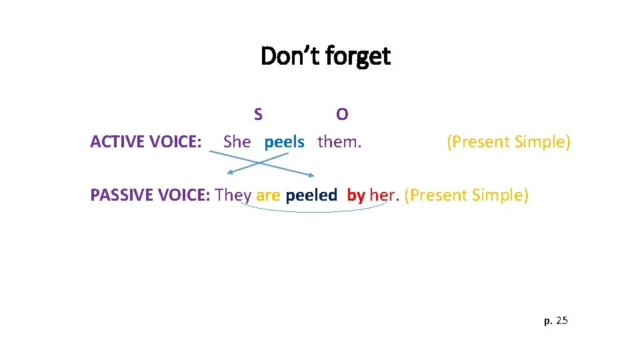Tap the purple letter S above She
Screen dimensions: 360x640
(258, 114)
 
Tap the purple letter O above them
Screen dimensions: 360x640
(342, 115)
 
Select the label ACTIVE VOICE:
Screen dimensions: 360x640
(146, 141)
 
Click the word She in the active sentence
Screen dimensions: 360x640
(237, 141)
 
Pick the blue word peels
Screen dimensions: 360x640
(284, 142)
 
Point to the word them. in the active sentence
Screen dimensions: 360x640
(339, 141)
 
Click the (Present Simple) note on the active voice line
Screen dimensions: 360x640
(508, 142)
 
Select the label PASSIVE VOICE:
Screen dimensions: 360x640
(150, 195)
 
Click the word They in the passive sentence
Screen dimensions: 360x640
(233, 195)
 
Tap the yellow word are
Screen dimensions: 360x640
(268, 195)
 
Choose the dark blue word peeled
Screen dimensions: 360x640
(311, 195)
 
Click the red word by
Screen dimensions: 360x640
(356, 195)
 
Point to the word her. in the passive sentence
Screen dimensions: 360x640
(384, 195)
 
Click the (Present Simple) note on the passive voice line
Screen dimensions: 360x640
(466, 195)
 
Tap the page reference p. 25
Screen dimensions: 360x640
(556, 321)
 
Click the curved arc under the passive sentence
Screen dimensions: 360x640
(313, 211)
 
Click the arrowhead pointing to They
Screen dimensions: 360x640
(230, 173)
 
